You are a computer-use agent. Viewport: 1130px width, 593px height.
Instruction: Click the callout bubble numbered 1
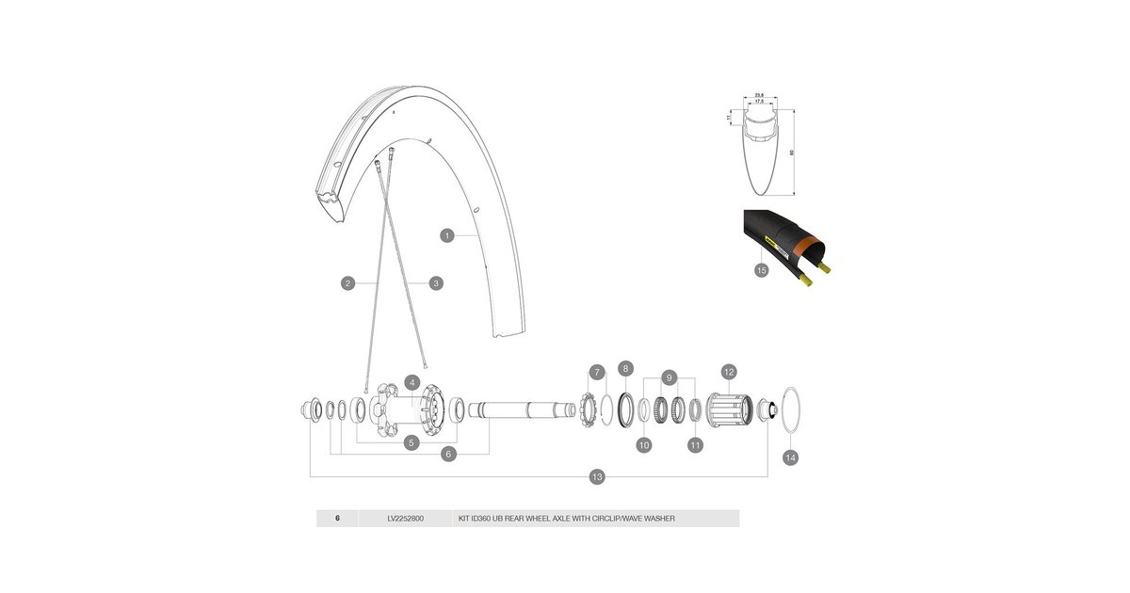(x=448, y=234)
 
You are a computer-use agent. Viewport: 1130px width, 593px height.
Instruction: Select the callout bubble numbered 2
(x=347, y=282)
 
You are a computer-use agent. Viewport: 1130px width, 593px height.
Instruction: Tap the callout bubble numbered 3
(x=436, y=282)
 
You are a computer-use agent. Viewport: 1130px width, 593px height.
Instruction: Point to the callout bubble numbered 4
(x=412, y=382)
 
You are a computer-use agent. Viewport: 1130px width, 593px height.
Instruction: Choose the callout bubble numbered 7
(x=596, y=373)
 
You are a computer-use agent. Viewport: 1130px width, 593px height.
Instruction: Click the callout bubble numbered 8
(x=625, y=368)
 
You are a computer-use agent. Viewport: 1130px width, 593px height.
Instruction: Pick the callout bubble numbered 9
(x=669, y=377)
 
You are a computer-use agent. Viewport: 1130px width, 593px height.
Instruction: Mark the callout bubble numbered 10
(x=644, y=445)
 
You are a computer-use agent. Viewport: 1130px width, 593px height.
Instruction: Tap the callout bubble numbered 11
(x=696, y=445)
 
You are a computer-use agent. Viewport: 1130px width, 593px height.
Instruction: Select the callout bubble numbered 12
(x=728, y=372)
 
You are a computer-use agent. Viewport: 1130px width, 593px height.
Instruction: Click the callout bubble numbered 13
(x=596, y=477)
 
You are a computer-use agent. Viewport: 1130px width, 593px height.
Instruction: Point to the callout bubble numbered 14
(x=790, y=457)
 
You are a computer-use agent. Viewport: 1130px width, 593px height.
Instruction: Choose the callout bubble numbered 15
(x=760, y=271)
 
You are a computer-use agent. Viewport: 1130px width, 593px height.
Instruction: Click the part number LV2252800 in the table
(x=406, y=518)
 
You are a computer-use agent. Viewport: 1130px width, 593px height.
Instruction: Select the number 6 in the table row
(x=337, y=518)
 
